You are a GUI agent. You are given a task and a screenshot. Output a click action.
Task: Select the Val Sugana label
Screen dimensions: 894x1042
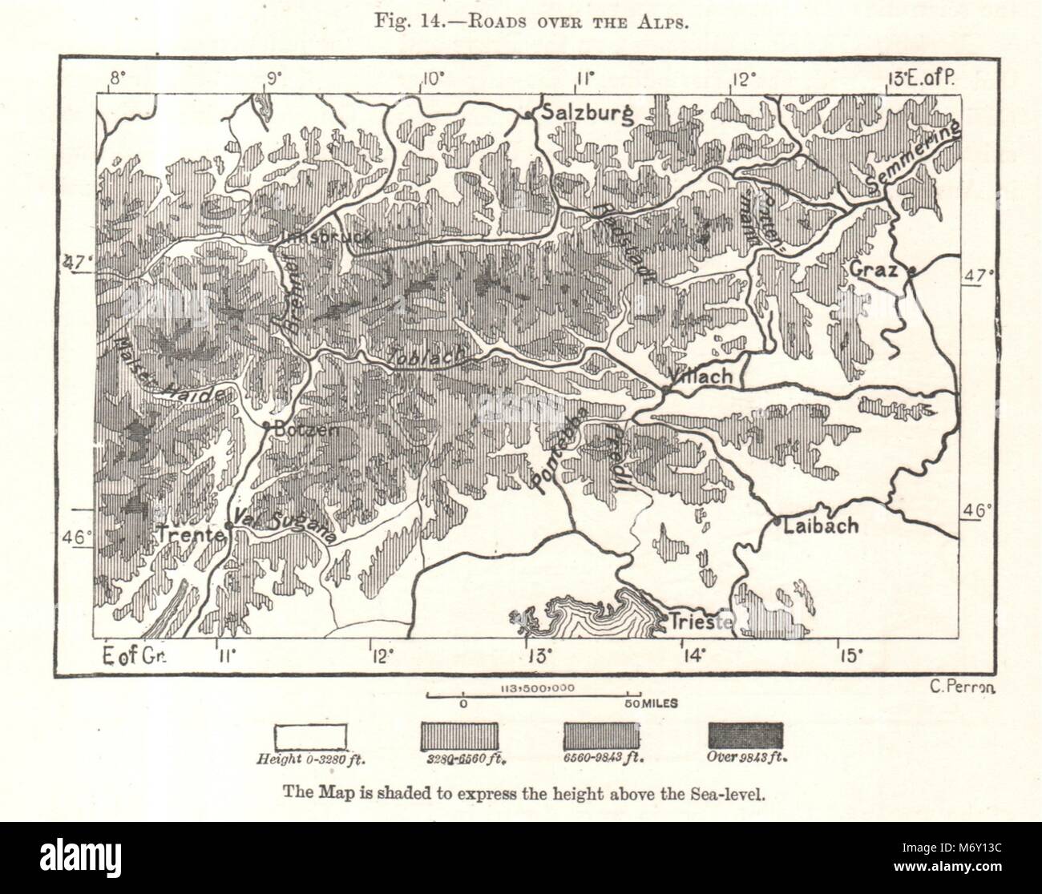point(285,524)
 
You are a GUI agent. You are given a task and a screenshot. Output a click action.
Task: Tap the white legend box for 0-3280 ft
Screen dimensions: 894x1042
point(310,735)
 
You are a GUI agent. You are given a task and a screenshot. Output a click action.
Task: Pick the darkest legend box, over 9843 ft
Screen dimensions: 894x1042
point(745,735)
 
